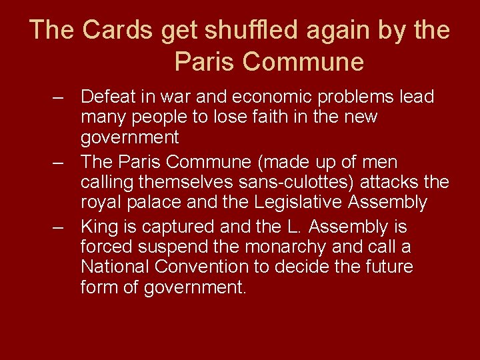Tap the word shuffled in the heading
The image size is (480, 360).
(241, 30)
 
